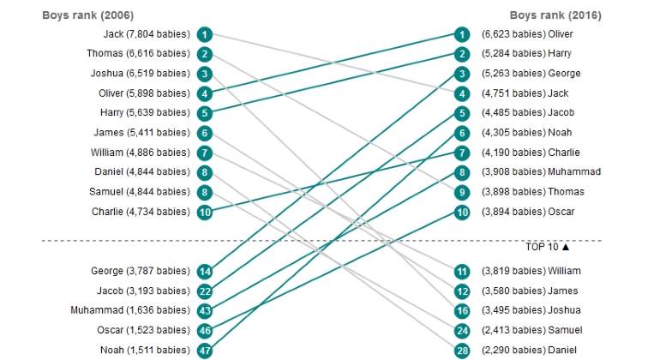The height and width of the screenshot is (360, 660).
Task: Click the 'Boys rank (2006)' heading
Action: coord(88,15)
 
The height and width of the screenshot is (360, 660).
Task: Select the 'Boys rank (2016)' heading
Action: coord(555,15)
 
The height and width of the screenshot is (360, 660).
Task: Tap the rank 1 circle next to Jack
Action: coord(205,34)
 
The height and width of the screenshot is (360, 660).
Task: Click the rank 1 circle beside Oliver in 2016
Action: coord(462,34)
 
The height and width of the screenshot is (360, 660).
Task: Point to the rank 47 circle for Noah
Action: coord(205,351)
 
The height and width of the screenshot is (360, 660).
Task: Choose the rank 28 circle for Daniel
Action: coord(462,351)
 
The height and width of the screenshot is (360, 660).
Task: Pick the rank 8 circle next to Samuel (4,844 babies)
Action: coord(205,192)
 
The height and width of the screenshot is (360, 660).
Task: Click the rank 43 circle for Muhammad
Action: coord(205,311)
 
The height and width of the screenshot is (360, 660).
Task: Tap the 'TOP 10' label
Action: coord(542,247)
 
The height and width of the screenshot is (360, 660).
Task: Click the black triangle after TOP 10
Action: coord(566,247)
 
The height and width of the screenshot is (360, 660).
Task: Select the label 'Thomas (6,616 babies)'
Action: coord(138,53)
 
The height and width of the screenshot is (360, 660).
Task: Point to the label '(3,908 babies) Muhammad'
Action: coord(542,171)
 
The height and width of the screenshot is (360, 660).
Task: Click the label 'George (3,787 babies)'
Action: coord(141,271)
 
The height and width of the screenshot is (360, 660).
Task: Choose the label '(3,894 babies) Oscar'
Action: coord(528,212)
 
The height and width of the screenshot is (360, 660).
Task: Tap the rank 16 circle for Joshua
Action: coord(462,311)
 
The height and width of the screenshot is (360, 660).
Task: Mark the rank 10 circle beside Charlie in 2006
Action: coord(205,213)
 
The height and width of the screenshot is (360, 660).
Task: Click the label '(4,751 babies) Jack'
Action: coord(525,93)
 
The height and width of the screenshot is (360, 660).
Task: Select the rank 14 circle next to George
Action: coord(205,272)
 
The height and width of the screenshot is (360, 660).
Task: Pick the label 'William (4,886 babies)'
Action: coord(141,153)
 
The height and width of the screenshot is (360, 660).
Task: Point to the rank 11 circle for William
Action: coord(462,272)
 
